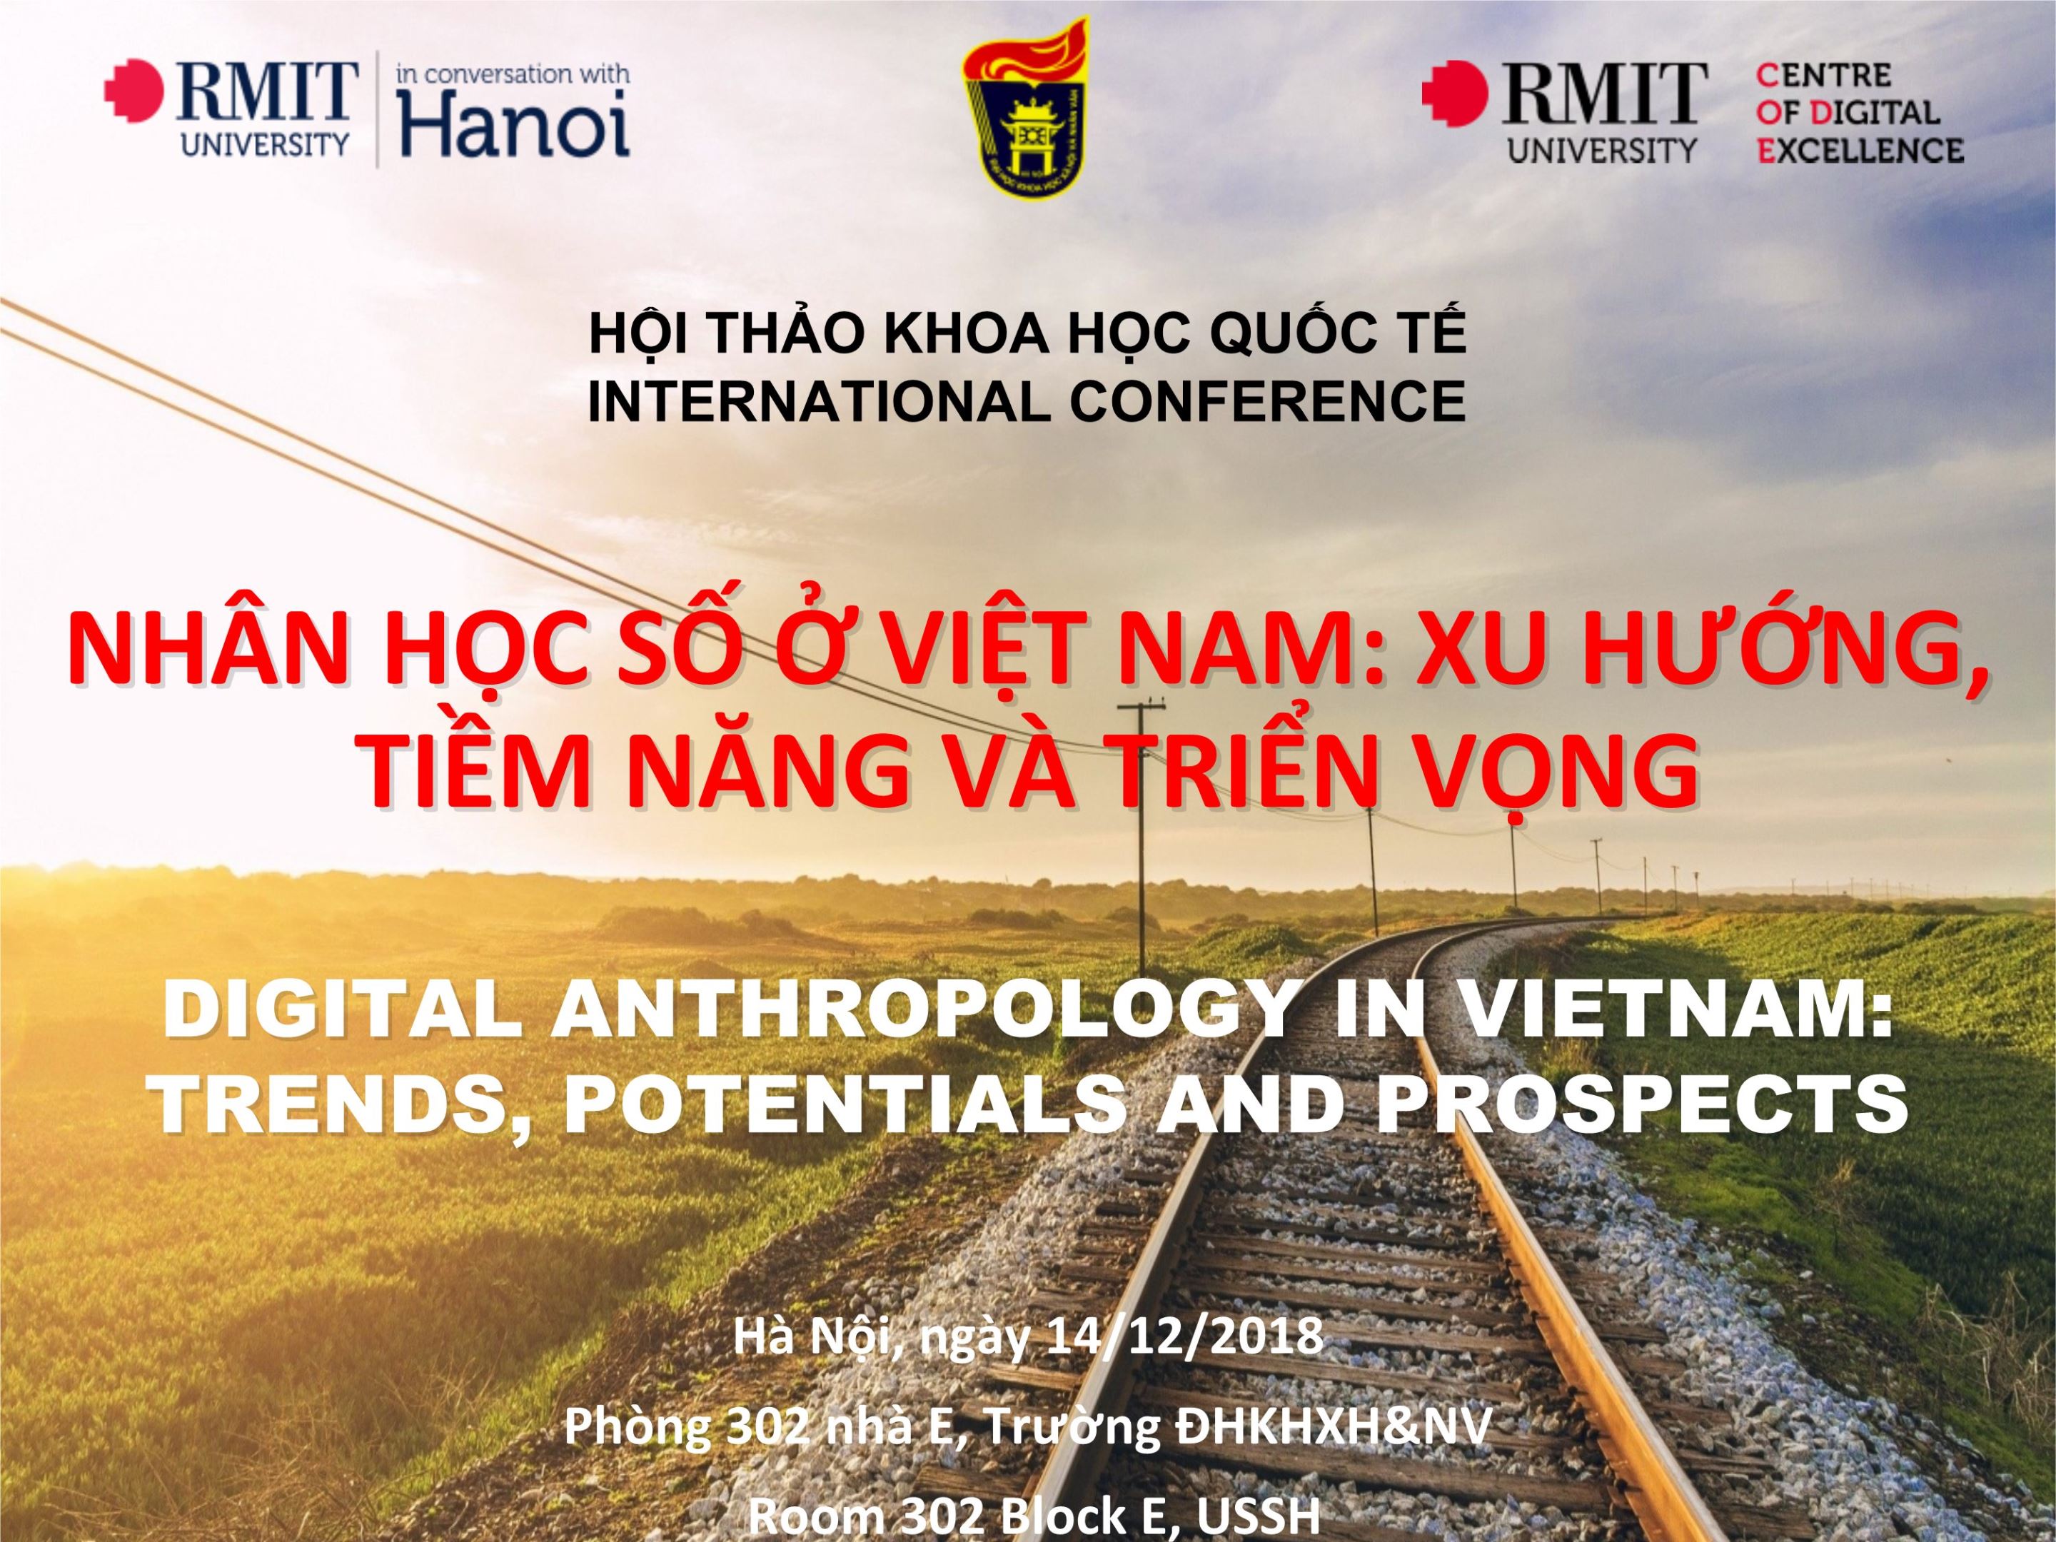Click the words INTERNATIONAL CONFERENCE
point(1027,400)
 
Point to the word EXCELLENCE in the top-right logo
point(1860,150)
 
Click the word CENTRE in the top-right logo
point(1823,75)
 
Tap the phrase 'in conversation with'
point(513,74)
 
